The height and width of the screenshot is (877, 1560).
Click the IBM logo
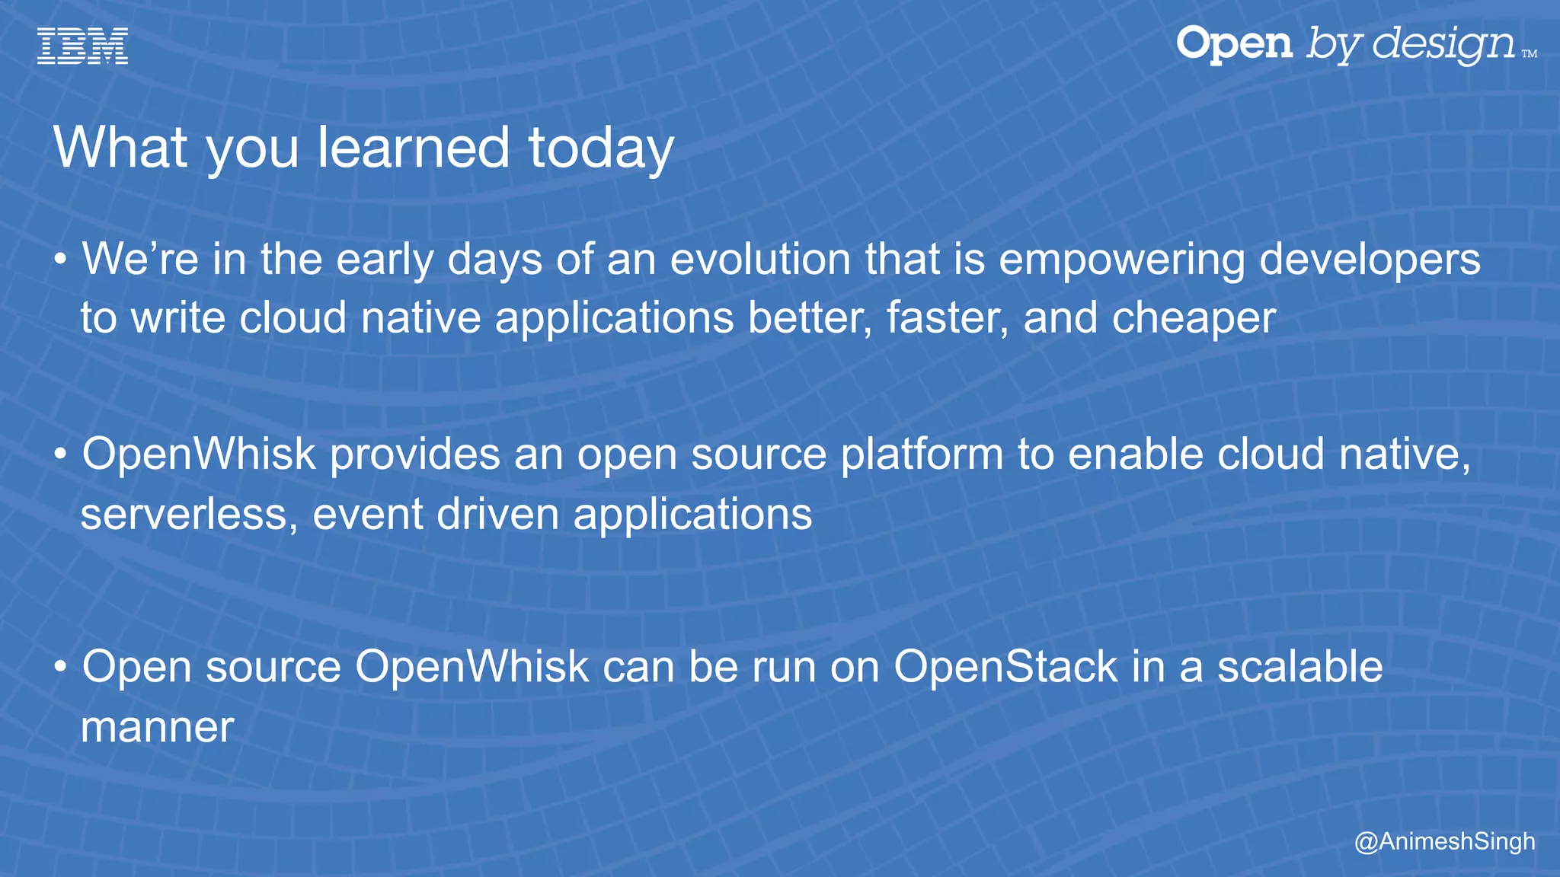click(82, 46)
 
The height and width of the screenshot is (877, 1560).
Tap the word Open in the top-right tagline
click(1234, 44)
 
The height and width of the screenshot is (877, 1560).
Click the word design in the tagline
click(1444, 44)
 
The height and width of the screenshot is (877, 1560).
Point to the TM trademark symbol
click(1529, 54)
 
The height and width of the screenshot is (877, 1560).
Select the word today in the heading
click(601, 148)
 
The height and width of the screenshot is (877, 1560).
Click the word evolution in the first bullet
click(760, 259)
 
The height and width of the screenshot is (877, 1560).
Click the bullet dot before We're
click(61, 260)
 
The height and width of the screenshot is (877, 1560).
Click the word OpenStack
click(1005, 668)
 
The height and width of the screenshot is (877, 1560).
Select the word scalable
click(1299, 667)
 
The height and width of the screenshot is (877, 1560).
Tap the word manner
click(157, 727)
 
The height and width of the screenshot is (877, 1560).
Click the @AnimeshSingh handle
click(1444, 841)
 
